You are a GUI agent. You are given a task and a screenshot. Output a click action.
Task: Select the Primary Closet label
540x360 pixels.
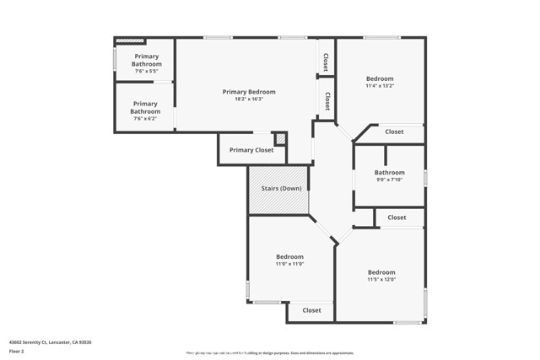pyautogui.click(x=251, y=150)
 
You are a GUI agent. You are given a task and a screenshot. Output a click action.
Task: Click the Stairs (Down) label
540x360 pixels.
pyautogui.click(x=278, y=188)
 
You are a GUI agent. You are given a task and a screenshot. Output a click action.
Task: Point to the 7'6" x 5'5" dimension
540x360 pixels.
pyautogui.click(x=145, y=71)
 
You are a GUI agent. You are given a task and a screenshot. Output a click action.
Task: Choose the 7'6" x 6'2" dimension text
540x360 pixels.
pyautogui.click(x=145, y=119)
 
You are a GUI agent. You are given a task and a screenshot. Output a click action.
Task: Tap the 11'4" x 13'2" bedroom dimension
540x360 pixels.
pyautogui.click(x=380, y=86)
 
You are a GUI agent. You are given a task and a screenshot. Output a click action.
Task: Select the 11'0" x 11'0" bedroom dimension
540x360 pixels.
pyautogui.click(x=289, y=264)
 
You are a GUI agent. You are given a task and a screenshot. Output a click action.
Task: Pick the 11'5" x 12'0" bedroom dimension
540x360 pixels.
pyautogui.click(x=381, y=280)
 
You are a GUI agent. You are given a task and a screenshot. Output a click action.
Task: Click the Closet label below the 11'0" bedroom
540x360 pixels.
pyautogui.click(x=312, y=310)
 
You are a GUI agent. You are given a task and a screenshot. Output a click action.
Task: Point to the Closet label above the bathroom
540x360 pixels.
pyautogui.click(x=394, y=132)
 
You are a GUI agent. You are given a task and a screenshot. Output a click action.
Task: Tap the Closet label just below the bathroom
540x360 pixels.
pyautogui.click(x=397, y=218)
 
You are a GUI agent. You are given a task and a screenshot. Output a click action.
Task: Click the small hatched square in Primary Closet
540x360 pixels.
pyautogui.click(x=281, y=138)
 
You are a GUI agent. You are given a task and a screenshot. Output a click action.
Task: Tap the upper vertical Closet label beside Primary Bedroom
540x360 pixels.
pyautogui.click(x=326, y=62)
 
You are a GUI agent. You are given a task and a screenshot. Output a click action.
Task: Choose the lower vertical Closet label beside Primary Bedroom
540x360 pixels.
pyautogui.click(x=326, y=100)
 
